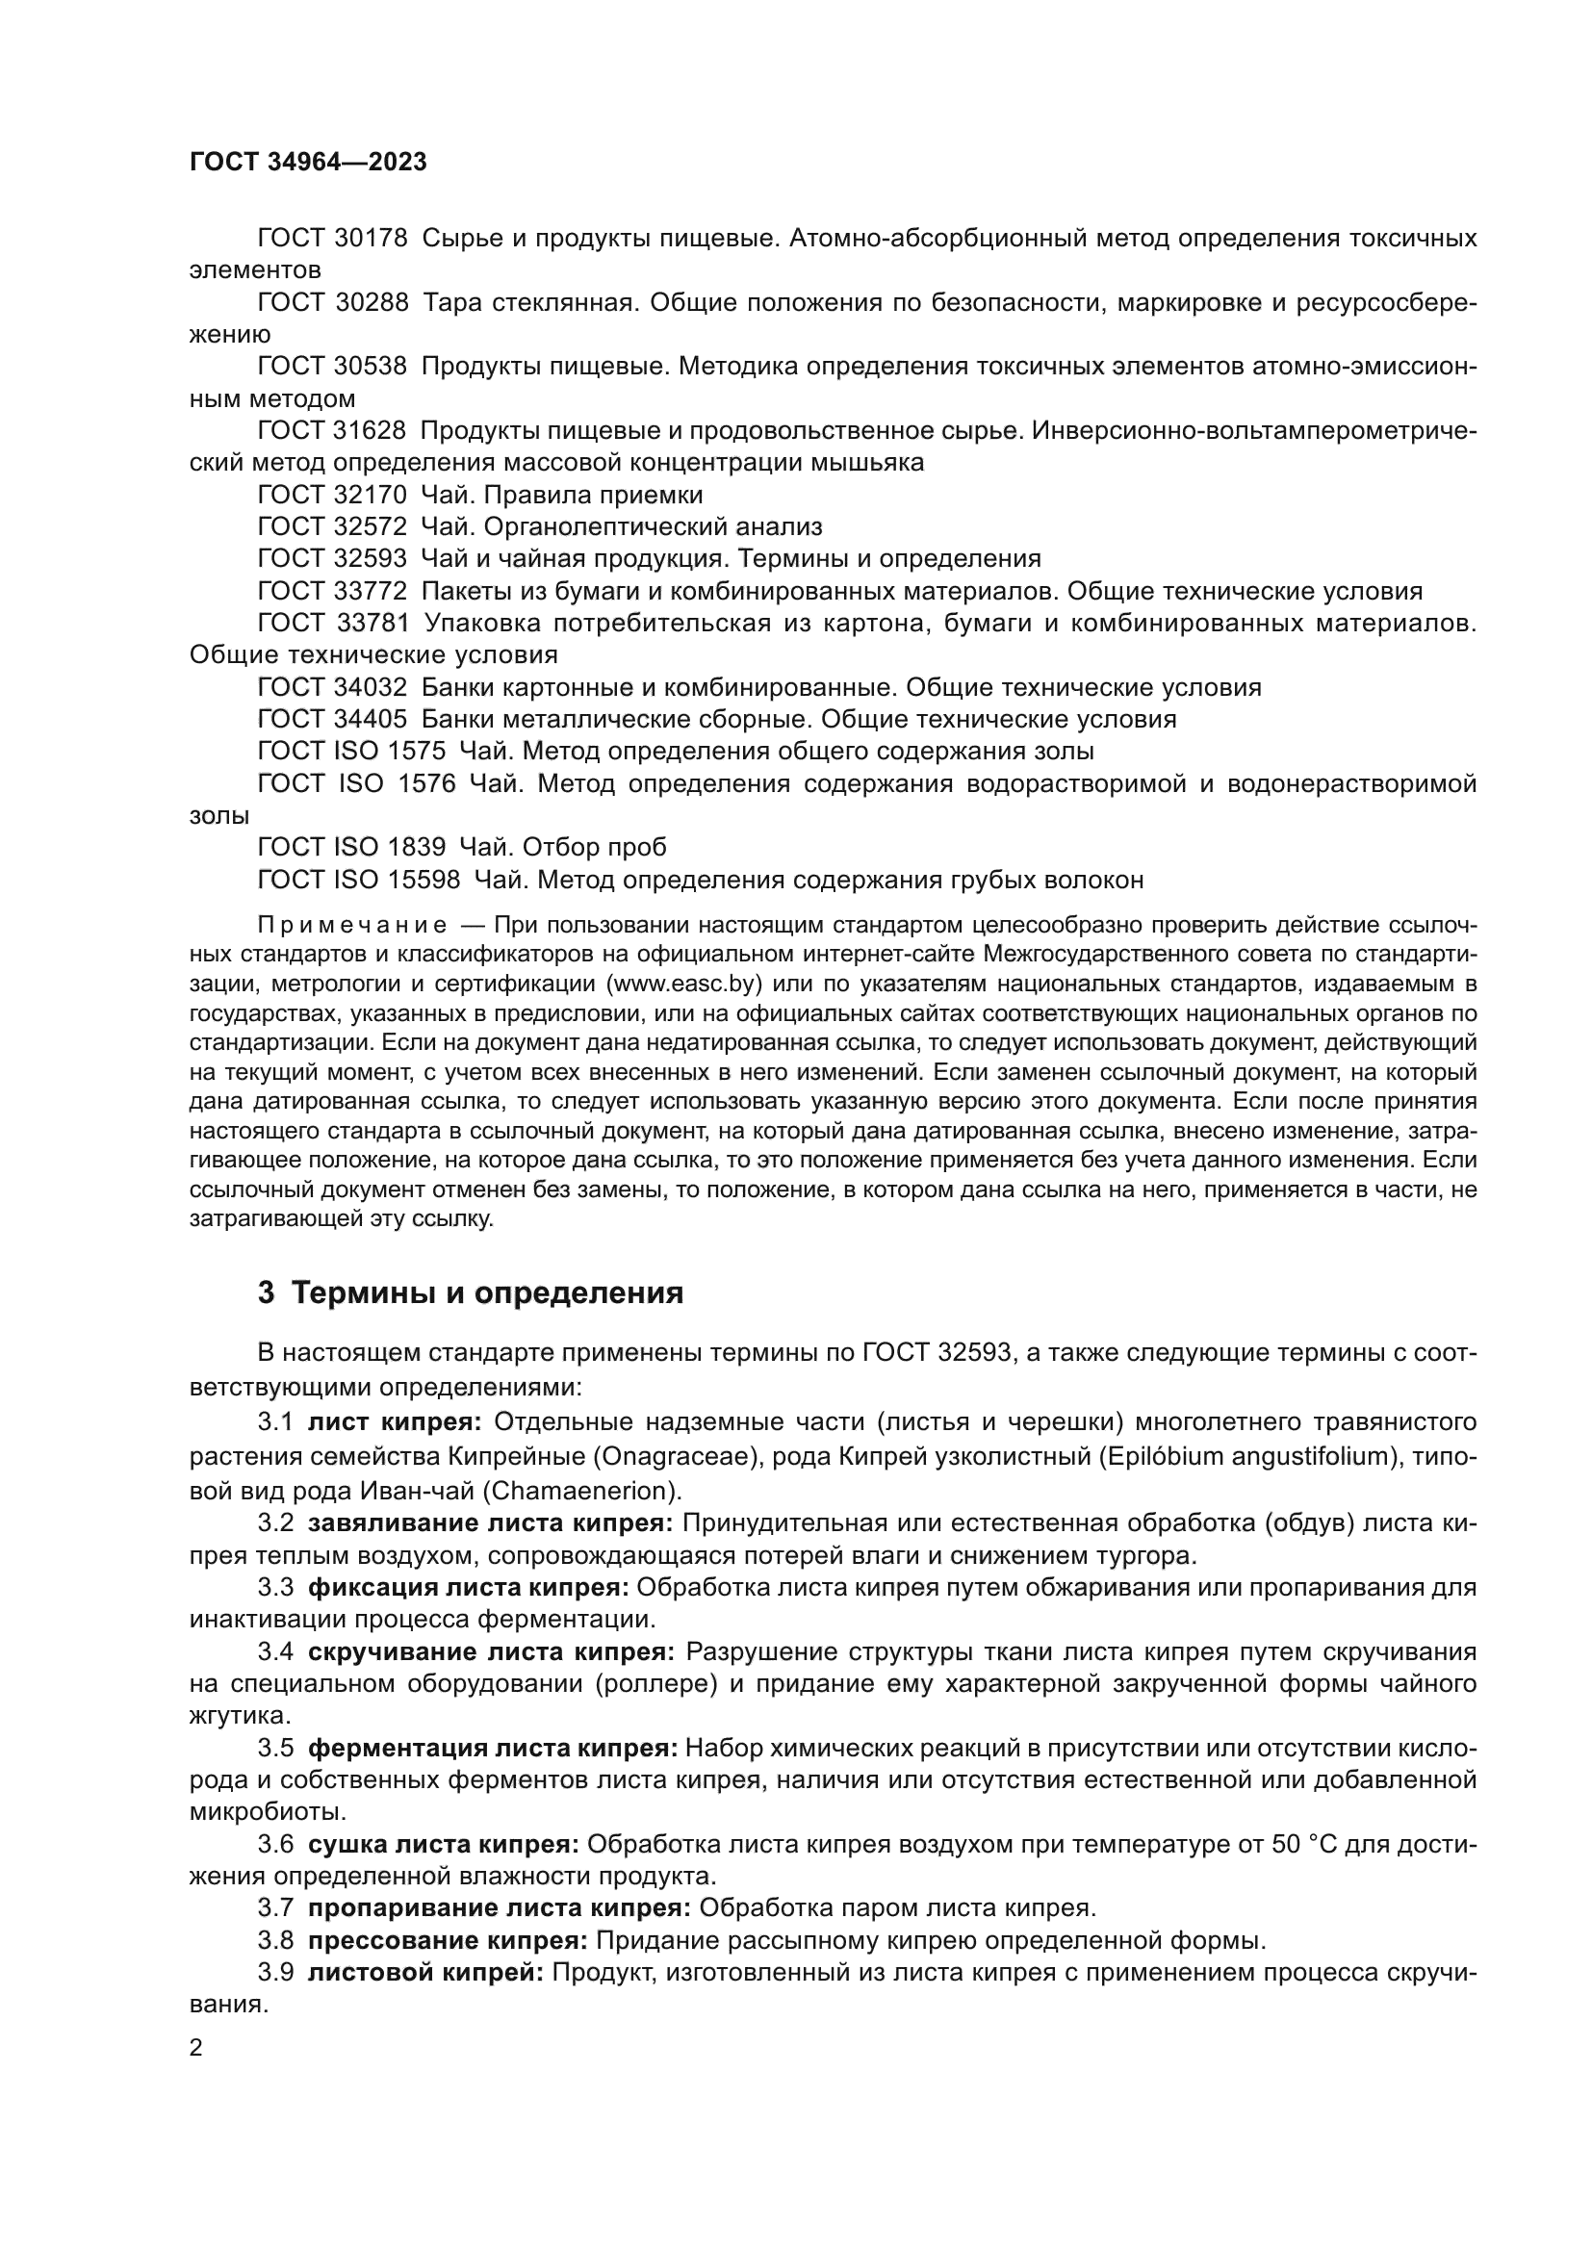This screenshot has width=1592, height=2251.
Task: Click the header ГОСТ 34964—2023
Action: (x=308, y=163)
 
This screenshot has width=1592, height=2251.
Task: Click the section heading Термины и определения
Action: (x=487, y=1293)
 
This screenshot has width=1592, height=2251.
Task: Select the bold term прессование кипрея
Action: (x=447, y=1940)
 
